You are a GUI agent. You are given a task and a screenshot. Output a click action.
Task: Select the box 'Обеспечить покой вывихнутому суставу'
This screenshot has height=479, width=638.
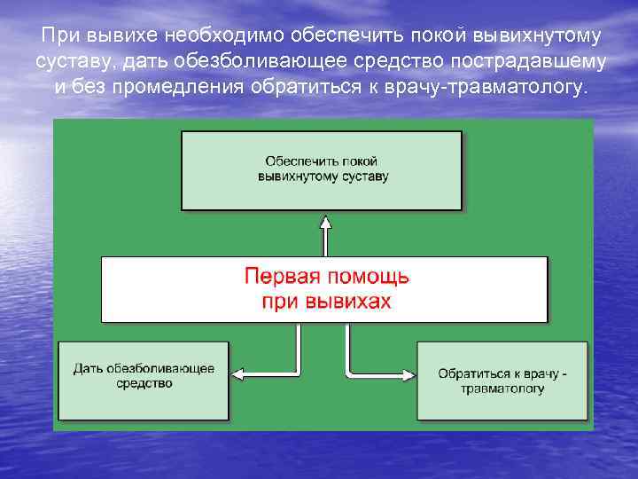coord(322,169)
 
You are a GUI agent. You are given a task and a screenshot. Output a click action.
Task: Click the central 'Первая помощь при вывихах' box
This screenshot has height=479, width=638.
coord(323,289)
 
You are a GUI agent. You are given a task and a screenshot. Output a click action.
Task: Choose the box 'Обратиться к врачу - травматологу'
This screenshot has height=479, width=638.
coord(502,381)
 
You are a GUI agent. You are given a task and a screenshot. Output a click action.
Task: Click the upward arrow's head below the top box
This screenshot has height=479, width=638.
coord(325,222)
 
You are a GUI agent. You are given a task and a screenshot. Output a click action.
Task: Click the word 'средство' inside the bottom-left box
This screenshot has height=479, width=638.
coord(144,383)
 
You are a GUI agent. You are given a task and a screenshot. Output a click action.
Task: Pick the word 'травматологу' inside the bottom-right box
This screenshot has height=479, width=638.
coord(502,389)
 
